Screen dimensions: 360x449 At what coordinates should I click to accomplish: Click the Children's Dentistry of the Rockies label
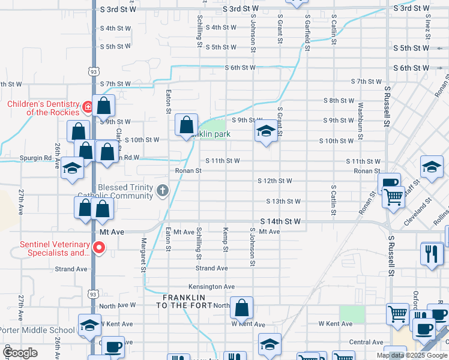coord(43,108)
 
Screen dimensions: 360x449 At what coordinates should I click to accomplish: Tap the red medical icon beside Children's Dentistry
coord(88,107)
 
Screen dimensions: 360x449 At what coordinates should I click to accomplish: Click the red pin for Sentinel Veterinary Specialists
coord(100,247)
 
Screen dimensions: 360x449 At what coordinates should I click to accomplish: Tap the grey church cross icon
coord(161,191)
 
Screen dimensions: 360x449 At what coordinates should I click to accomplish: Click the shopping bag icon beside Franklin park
coord(186,125)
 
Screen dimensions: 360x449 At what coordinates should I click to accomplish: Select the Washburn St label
coord(360,121)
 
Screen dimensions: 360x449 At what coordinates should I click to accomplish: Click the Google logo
coord(20,353)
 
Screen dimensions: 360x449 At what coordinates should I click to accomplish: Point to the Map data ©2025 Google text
coord(412,355)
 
